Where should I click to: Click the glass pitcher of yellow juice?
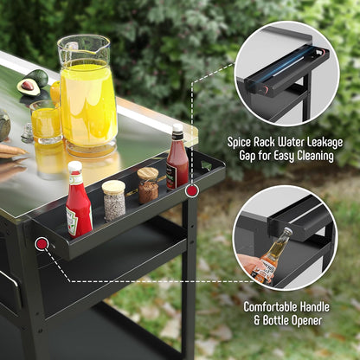87,95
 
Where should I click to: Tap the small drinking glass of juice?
46,122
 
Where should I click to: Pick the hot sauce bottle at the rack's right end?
177,160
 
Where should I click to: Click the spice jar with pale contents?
113,200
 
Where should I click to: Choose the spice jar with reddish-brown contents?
148,185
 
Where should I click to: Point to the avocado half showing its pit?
29,86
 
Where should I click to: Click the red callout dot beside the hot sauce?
192,190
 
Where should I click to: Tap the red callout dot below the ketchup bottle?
41,244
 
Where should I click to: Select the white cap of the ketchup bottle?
75,167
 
